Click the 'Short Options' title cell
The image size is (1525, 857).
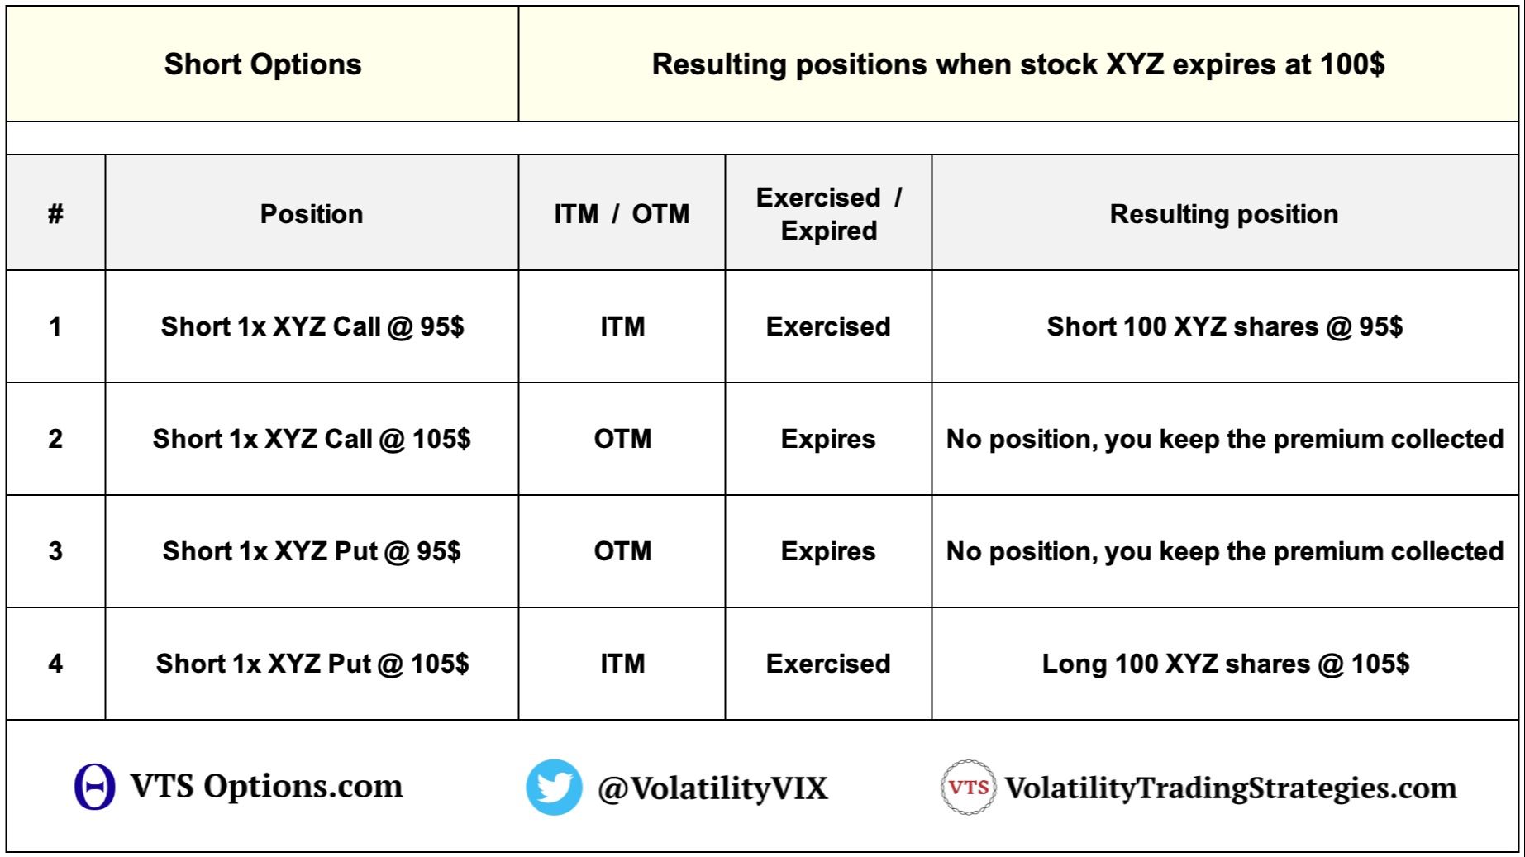coord(263,64)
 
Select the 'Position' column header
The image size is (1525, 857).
coord(312,214)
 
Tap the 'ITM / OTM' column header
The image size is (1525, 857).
coord(622,214)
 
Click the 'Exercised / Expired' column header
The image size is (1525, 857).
coord(828,214)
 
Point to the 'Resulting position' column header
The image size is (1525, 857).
coord(1224,214)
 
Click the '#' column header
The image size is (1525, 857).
coord(55,214)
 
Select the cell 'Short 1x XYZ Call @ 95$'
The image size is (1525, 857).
coord(312,326)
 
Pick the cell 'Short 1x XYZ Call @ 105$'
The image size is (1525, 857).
coord(312,439)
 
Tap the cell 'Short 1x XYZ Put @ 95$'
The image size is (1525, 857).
coord(312,551)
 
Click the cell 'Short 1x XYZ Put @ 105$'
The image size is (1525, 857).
coord(312,664)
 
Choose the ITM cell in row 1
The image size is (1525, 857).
coord(622,326)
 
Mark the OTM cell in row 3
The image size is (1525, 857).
coord(622,551)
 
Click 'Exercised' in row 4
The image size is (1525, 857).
coord(828,664)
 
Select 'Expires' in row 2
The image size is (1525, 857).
coord(828,439)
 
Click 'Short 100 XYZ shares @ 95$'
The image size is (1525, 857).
coord(1225,326)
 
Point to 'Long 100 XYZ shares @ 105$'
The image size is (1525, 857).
coord(1225,664)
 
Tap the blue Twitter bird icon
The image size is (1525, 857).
coord(554,787)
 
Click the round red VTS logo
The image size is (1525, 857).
coord(968,788)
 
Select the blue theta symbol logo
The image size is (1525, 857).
coord(94,786)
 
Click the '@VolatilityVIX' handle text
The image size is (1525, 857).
coord(712,788)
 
